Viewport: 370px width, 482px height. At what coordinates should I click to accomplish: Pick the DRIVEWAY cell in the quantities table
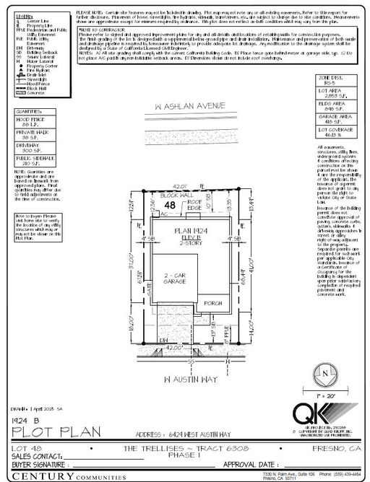click(30, 167)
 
